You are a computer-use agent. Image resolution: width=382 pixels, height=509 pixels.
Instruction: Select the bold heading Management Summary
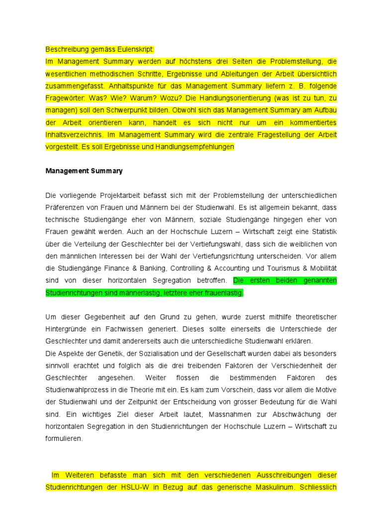coord(84,171)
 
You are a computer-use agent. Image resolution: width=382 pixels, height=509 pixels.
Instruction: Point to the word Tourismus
coord(286,268)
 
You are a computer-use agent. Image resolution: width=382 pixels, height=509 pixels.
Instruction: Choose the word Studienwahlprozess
coord(77,390)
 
